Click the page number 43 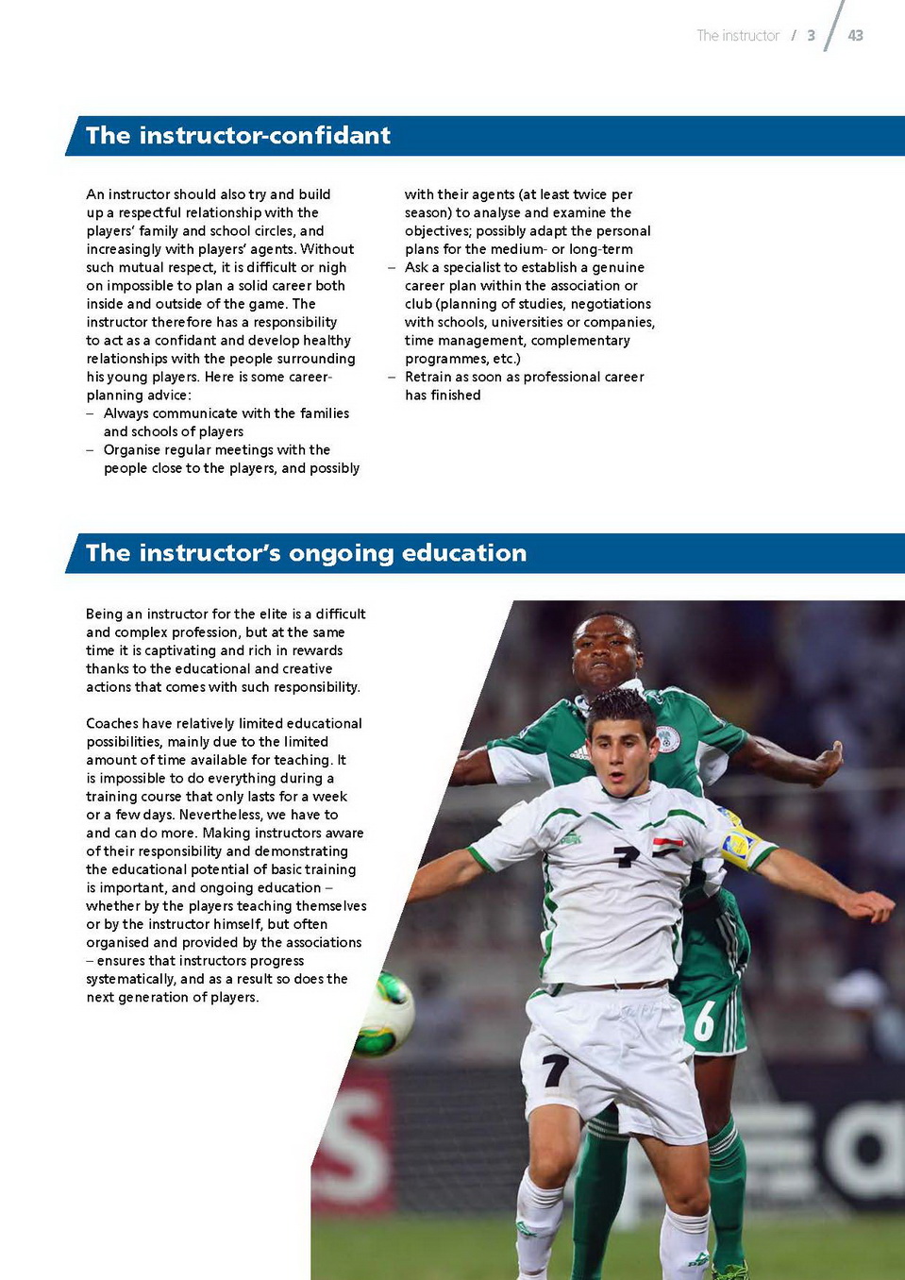tap(855, 36)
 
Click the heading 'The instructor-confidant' tap(238, 136)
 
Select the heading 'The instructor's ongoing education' tap(306, 553)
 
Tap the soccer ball tap(384, 1015)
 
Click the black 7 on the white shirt tap(626, 855)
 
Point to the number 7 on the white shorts tap(555, 1069)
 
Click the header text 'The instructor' tap(737, 36)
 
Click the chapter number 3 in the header tap(811, 36)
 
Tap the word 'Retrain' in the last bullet tap(428, 377)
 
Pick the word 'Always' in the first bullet tap(126, 413)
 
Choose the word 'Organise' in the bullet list tap(133, 450)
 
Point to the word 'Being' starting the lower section tap(104, 615)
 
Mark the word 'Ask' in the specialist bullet tap(416, 267)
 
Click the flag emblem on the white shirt tap(667, 846)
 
